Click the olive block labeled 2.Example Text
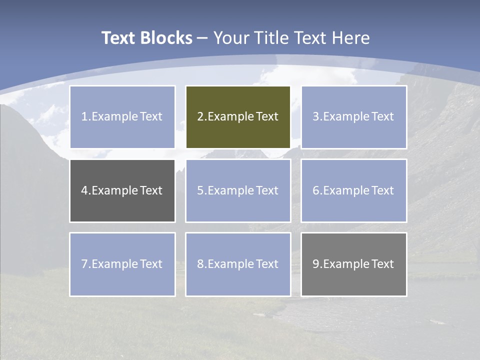coord(238,117)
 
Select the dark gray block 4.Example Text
coord(122,190)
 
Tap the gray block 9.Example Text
coord(353,264)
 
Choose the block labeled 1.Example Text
coord(122,117)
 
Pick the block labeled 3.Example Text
coord(353,117)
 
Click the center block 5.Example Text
coord(238,190)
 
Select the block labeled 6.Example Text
coord(353,190)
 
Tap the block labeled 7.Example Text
coord(122,264)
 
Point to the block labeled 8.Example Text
coord(238,264)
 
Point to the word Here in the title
coord(353,38)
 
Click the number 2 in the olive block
coord(200,117)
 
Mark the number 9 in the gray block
coord(316,264)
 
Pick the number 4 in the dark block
coord(84,190)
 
